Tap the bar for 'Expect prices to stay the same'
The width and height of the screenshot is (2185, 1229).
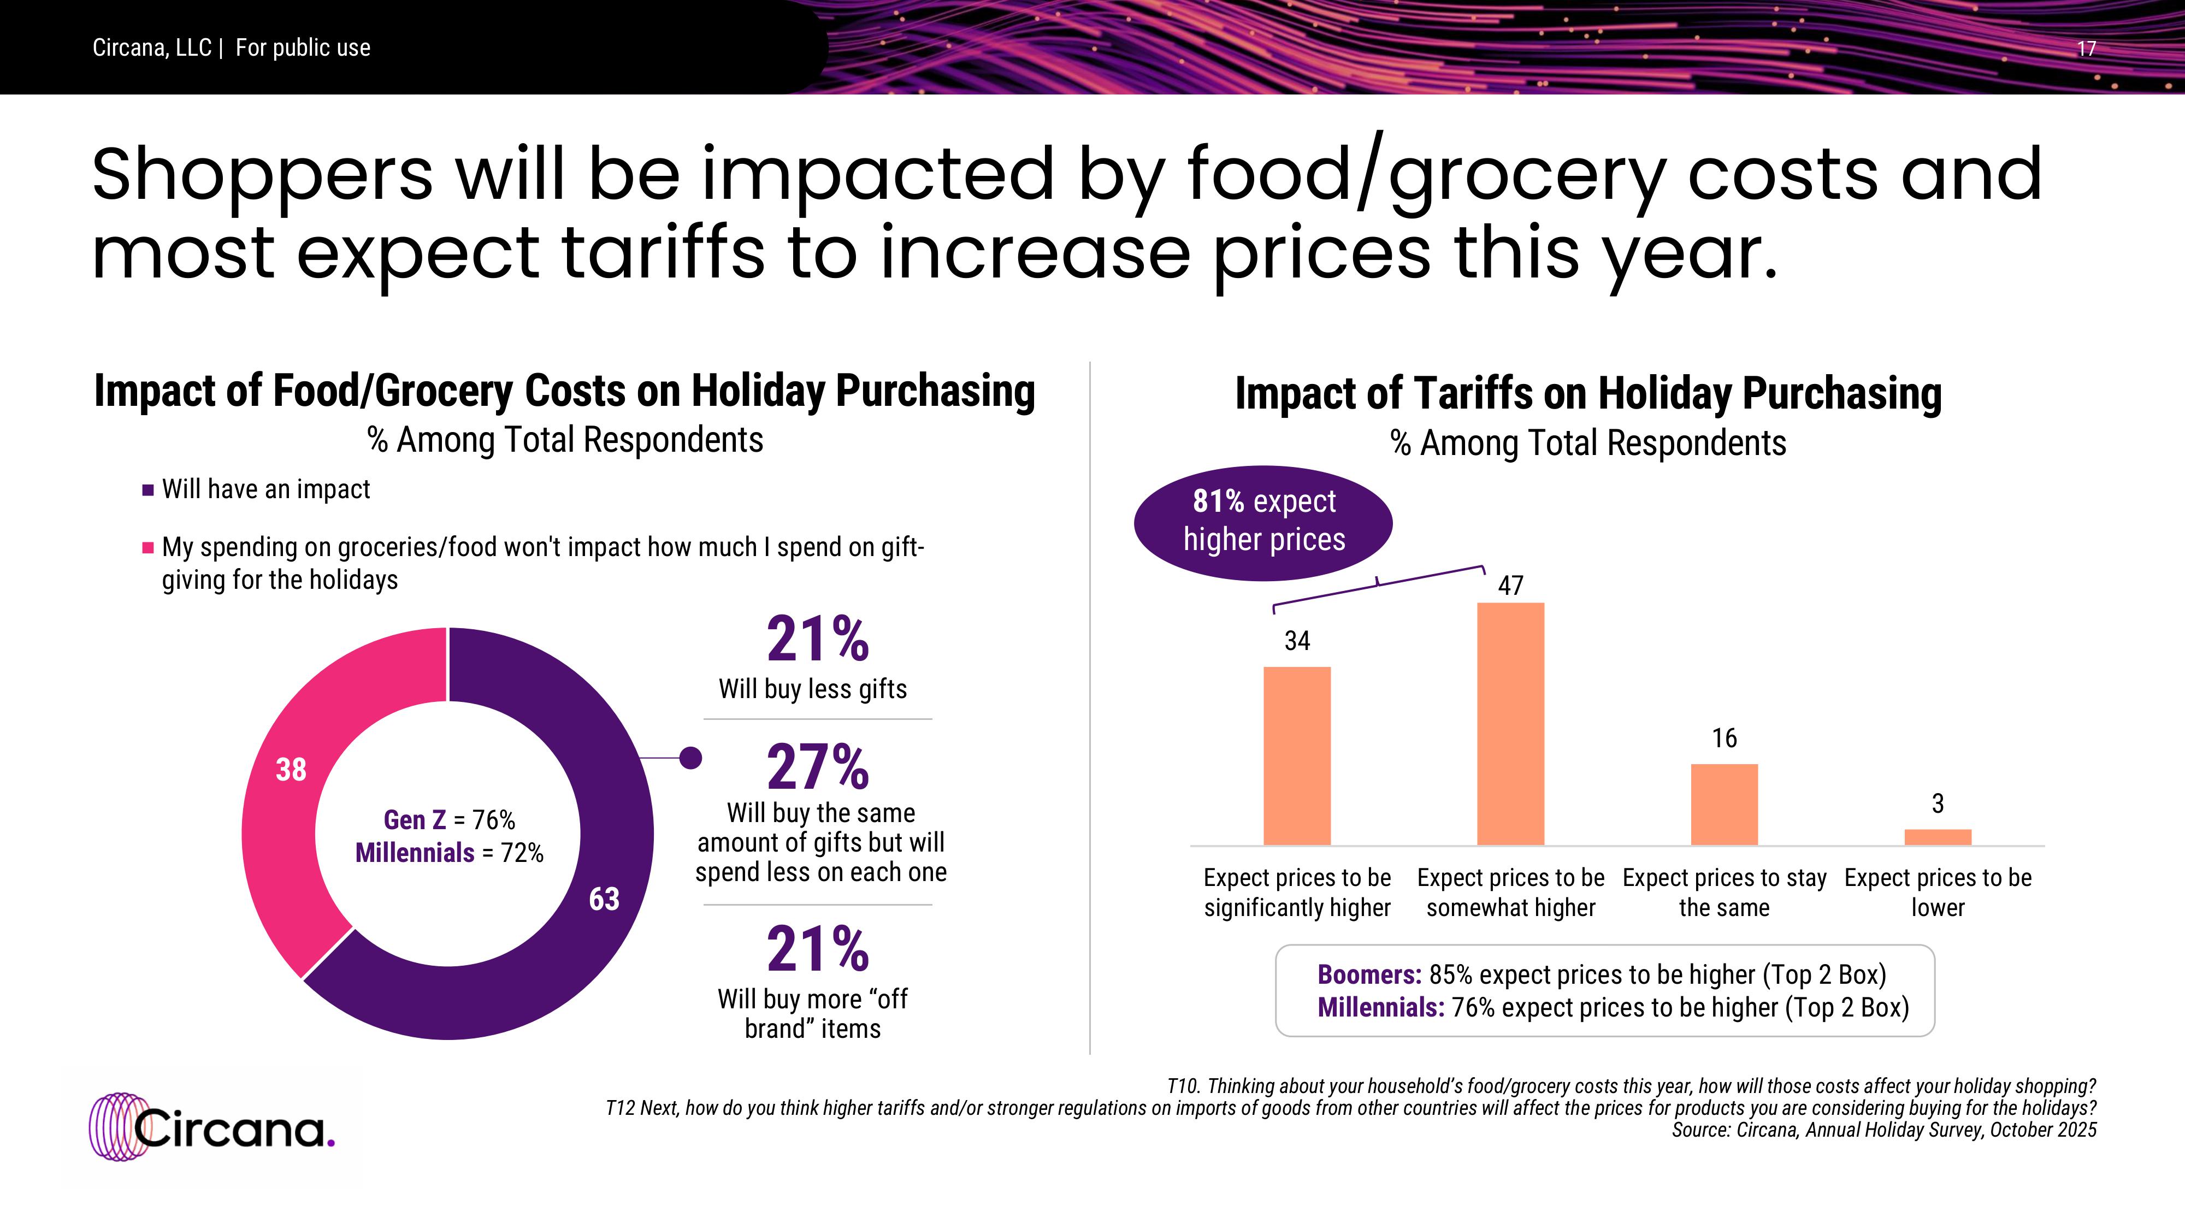pyautogui.click(x=1725, y=804)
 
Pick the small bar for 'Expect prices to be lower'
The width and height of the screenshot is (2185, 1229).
pyautogui.click(x=1938, y=837)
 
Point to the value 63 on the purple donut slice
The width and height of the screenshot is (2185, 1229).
pyautogui.click(x=604, y=899)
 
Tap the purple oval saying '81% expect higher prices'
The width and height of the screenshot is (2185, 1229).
pyautogui.click(x=1263, y=522)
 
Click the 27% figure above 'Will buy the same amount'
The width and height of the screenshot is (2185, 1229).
pyautogui.click(x=818, y=767)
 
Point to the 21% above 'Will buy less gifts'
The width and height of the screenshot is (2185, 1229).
pyautogui.click(x=818, y=640)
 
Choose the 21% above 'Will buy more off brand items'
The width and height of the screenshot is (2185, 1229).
pyautogui.click(x=818, y=949)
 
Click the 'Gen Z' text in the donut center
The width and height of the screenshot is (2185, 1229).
pyautogui.click(x=414, y=820)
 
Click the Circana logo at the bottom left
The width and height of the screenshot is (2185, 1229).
pyautogui.click(x=212, y=1128)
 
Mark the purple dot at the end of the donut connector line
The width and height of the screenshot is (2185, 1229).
pyautogui.click(x=692, y=758)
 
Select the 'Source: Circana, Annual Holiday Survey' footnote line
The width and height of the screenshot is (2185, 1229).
pyautogui.click(x=1884, y=1130)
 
